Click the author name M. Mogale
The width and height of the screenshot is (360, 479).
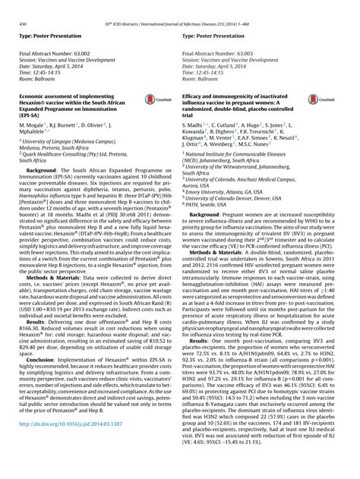pyautogui.click(x=31, y=142)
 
